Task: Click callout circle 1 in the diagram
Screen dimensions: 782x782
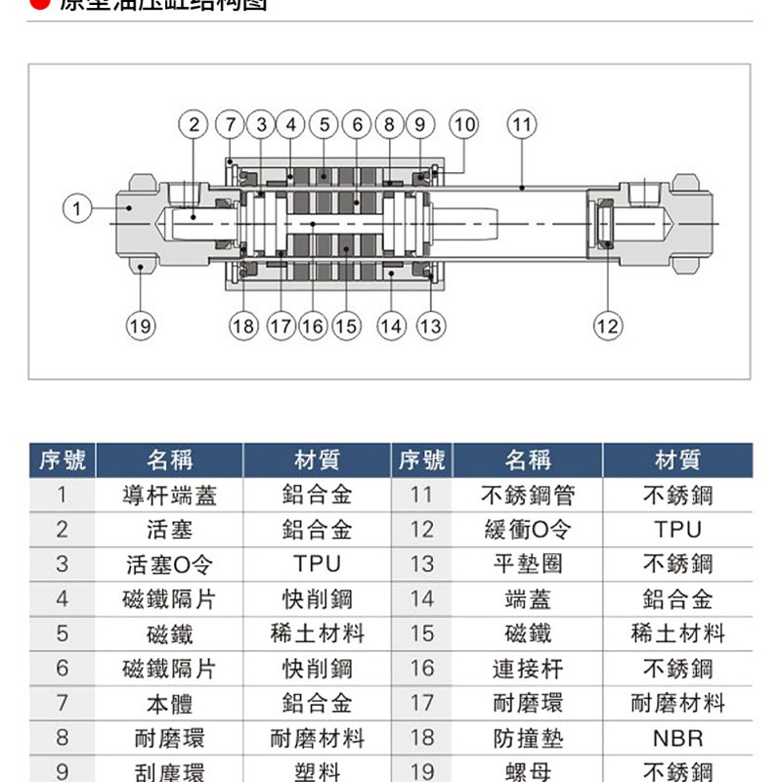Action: (77, 207)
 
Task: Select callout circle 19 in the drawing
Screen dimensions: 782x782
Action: (141, 326)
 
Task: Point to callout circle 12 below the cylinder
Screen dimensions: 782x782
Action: (608, 326)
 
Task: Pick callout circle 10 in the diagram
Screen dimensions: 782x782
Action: (464, 125)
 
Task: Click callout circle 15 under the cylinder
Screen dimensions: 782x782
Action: (346, 326)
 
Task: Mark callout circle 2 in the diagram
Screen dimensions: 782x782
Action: (195, 125)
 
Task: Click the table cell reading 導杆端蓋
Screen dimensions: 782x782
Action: (169, 496)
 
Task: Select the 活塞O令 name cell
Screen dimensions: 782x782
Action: (169, 565)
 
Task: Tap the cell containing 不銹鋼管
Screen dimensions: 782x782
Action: (528, 496)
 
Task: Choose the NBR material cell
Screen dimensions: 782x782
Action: (677, 738)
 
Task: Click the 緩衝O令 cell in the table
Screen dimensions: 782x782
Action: (528, 530)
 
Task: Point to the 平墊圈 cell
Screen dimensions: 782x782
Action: (528, 565)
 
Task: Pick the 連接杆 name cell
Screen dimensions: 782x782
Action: (528, 669)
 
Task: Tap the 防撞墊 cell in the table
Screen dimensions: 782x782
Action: (528, 738)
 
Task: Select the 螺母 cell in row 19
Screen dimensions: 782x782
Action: (528, 771)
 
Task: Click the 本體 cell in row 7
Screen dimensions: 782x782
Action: (169, 703)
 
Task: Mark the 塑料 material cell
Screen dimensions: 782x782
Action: (318, 771)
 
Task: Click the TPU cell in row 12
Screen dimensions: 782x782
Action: (677, 530)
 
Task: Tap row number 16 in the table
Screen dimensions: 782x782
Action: (421, 669)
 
